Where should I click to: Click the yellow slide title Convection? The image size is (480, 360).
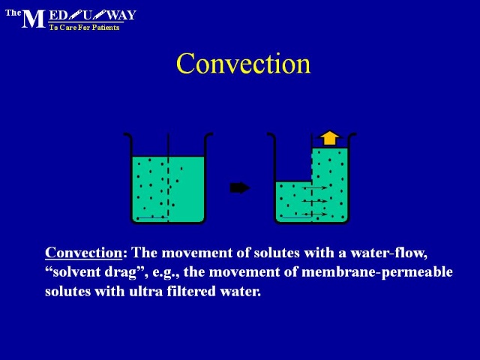click(x=243, y=63)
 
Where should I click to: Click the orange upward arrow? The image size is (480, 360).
click(x=329, y=138)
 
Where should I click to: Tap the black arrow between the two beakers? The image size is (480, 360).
click(x=240, y=187)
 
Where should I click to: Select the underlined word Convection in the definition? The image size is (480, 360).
click(x=83, y=253)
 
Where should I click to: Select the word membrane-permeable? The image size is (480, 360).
click(x=377, y=272)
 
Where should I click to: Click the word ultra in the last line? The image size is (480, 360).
click(x=145, y=291)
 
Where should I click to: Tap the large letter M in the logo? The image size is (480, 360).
click(x=33, y=19)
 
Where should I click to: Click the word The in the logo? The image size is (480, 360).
click(x=13, y=13)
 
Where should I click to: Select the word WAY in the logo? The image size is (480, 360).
click(x=121, y=15)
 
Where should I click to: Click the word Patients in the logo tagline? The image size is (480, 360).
click(x=106, y=28)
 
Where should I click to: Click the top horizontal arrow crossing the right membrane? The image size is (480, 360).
click(x=314, y=187)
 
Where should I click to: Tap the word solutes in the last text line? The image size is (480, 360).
click(x=68, y=291)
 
